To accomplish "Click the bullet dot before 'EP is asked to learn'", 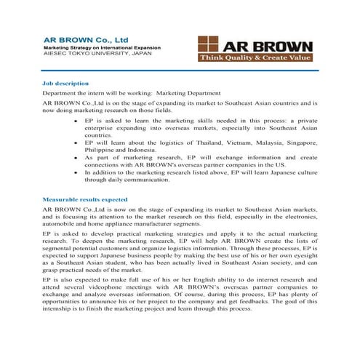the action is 77,120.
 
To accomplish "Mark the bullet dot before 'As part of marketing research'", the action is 77,157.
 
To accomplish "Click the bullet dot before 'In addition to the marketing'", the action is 77,172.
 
